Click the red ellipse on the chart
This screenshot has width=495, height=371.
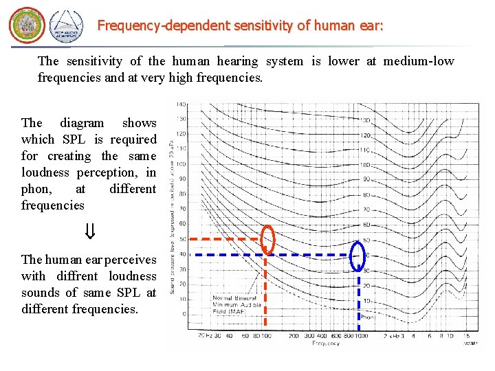268,240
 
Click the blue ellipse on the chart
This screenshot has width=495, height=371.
357,256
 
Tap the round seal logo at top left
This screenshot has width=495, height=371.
26,26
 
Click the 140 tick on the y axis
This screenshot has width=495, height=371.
181,104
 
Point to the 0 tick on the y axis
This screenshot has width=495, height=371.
183,315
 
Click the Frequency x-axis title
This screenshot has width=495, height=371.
325,344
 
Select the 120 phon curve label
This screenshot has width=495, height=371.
366,135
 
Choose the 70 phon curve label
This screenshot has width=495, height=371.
366,209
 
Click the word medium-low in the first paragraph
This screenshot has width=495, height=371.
419,61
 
